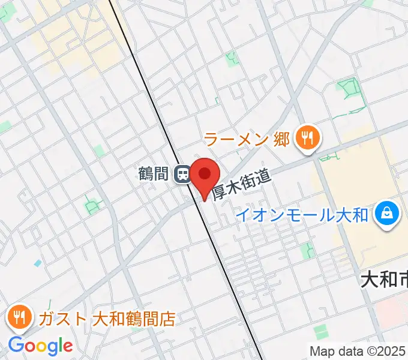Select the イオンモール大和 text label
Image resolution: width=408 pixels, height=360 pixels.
point(302,215)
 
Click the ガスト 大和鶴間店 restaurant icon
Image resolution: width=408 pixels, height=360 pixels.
point(20,317)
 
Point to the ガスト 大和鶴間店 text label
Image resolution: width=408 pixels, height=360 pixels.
point(107,318)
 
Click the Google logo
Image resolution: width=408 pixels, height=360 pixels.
point(40,346)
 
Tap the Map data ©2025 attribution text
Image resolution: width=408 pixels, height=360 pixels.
point(358,350)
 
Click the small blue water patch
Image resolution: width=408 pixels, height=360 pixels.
point(38,263)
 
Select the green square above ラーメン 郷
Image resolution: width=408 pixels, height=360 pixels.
point(231,58)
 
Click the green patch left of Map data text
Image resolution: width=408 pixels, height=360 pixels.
point(322,331)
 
